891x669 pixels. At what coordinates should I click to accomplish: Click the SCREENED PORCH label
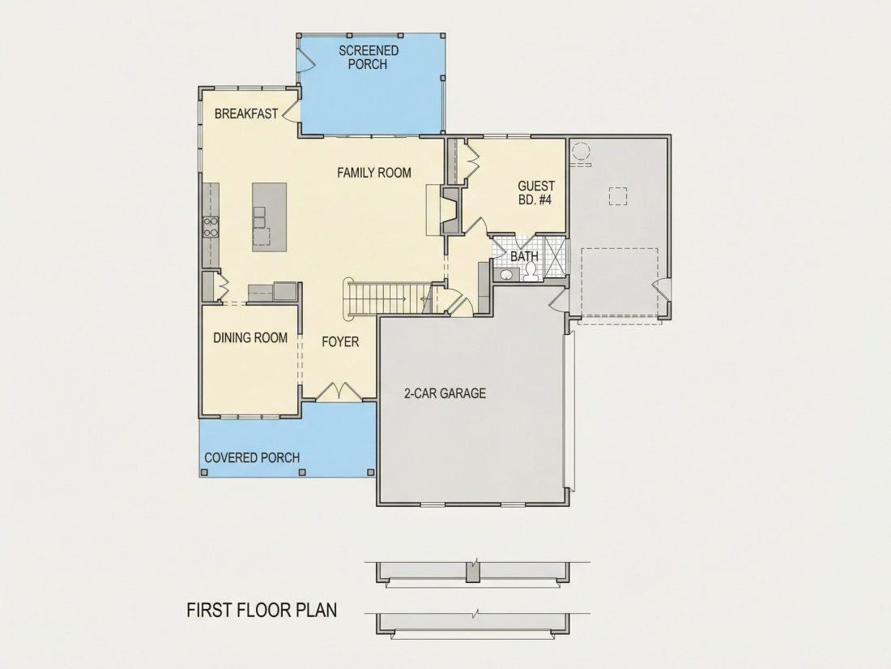(x=369, y=58)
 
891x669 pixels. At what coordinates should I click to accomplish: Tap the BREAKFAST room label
(x=246, y=114)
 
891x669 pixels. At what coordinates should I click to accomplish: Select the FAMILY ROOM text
(x=374, y=173)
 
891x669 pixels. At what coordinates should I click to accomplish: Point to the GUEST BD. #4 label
(x=535, y=193)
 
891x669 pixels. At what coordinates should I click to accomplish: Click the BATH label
(x=524, y=256)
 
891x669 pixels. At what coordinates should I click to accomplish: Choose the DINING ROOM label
(x=250, y=338)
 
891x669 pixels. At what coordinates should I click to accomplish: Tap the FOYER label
(x=340, y=342)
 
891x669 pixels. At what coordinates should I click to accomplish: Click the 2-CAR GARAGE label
(x=445, y=393)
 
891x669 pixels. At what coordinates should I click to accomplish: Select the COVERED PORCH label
(x=252, y=457)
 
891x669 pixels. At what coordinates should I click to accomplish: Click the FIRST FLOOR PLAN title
(x=262, y=610)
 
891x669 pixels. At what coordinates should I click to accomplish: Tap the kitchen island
(x=270, y=217)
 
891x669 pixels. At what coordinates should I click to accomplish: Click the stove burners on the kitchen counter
(x=211, y=227)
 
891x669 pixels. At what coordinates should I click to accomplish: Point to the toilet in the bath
(x=531, y=272)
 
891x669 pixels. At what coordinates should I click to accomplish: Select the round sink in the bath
(x=506, y=276)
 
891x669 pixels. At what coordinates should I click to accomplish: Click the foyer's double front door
(x=339, y=391)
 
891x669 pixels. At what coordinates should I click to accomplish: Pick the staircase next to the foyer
(x=384, y=298)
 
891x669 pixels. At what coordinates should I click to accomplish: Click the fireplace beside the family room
(x=450, y=211)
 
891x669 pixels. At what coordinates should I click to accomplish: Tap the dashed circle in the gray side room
(x=581, y=152)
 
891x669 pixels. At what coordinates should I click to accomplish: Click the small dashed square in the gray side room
(x=618, y=195)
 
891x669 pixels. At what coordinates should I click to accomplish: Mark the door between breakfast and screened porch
(x=291, y=111)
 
